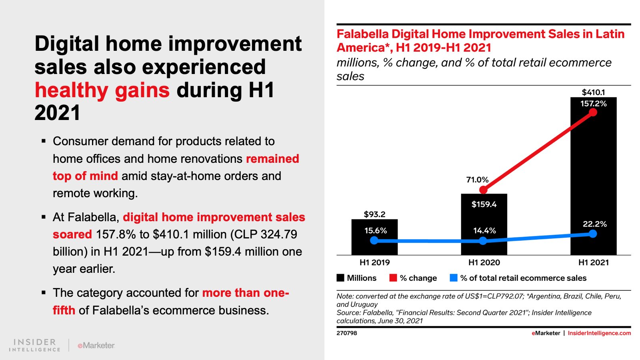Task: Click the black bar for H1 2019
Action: point(374,237)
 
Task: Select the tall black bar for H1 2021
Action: point(594,176)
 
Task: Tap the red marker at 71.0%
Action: point(483,190)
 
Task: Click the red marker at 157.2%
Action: point(593,112)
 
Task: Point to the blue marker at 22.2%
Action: point(593,234)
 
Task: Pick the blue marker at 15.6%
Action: point(374,240)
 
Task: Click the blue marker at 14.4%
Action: point(483,241)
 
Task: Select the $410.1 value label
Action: point(594,92)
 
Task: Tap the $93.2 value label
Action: point(374,214)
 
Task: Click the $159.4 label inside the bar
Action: point(484,204)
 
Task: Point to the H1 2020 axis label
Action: point(484,262)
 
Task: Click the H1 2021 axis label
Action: point(594,262)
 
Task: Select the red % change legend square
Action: point(393,278)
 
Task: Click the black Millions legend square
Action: point(340,278)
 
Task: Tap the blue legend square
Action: point(454,278)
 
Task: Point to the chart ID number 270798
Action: point(346,333)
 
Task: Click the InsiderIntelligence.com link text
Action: point(599,333)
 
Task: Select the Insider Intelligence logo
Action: point(34,345)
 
